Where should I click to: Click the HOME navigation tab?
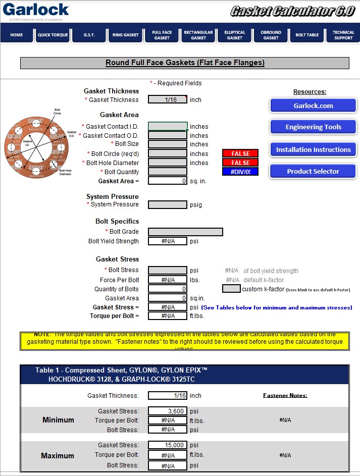pos(17,35)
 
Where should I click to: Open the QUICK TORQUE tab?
pos(53,35)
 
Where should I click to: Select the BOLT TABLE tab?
pos(307,35)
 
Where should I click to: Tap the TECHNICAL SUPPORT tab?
pos(343,35)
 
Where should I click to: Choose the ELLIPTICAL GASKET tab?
pos(234,35)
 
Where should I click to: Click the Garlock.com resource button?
pos(313,105)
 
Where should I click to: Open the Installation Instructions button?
pos(313,149)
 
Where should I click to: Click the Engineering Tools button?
pos(313,127)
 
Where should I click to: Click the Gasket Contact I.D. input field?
pos(168,126)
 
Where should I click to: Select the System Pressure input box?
pos(168,204)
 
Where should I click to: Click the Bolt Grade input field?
pos(185,232)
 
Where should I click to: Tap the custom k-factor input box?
pos(231,289)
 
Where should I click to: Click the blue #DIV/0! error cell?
pos(240,172)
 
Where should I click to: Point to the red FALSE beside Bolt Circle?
pos(240,153)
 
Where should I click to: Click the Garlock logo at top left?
pos(35,10)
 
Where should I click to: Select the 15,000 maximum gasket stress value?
pos(168,445)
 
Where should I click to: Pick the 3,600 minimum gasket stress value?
pos(168,411)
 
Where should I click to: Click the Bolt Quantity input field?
pos(168,172)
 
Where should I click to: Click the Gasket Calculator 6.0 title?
pos(292,11)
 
